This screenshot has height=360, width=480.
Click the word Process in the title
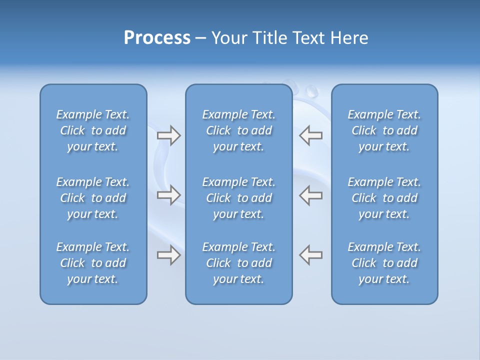pyautogui.click(x=157, y=38)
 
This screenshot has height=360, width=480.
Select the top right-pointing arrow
pyautogui.click(x=168, y=135)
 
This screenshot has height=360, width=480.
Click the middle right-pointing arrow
pyautogui.click(x=168, y=195)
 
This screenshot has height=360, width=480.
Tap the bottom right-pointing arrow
pyautogui.click(x=168, y=255)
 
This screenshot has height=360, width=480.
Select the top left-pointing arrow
pyautogui.click(x=311, y=135)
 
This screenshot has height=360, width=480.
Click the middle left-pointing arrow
pyautogui.click(x=311, y=195)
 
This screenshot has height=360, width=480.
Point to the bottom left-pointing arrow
pyautogui.click(x=311, y=255)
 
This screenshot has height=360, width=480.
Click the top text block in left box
pyautogui.click(x=93, y=130)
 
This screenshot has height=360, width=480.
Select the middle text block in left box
pyautogui.click(x=93, y=198)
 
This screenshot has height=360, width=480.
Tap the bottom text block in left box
pyautogui.click(x=93, y=263)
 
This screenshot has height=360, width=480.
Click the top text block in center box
pyautogui.click(x=239, y=130)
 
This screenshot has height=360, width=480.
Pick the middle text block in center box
pyautogui.click(x=239, y=198)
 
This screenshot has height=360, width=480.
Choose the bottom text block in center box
pyautogui.click(x=239, y=263)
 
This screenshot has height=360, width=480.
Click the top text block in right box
pyautogui.click(x=384, y=130)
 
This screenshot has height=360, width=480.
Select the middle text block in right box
pyautogui.click(x=384, y=198)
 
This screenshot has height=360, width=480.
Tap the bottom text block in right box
pyautogui.click(x=384, y=263)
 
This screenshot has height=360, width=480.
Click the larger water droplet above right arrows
pyautogui.click(x=312, y=91)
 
